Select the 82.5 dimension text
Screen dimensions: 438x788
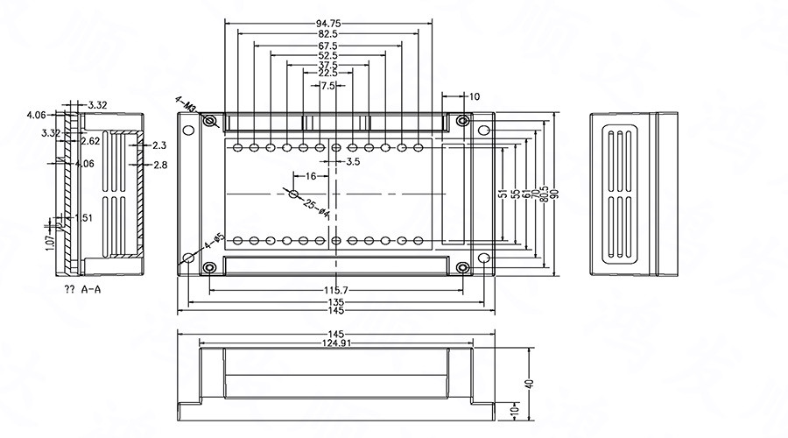click(328, 34)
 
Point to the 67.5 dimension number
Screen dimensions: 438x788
click(328, 46)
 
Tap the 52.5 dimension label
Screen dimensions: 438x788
click(328, 55)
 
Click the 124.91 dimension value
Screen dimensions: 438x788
click(336, 343)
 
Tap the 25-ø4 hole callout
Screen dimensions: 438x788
click(316, 208)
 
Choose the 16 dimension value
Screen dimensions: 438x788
click(310, 176)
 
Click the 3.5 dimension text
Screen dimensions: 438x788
click(353, 162)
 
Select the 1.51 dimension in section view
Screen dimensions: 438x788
click(84, 218)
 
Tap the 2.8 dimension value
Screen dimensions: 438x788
click(160, 165)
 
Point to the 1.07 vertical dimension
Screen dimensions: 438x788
click(50, 236)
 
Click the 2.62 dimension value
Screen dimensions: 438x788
click(90, 140)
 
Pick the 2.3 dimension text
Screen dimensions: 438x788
click(159, 145)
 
